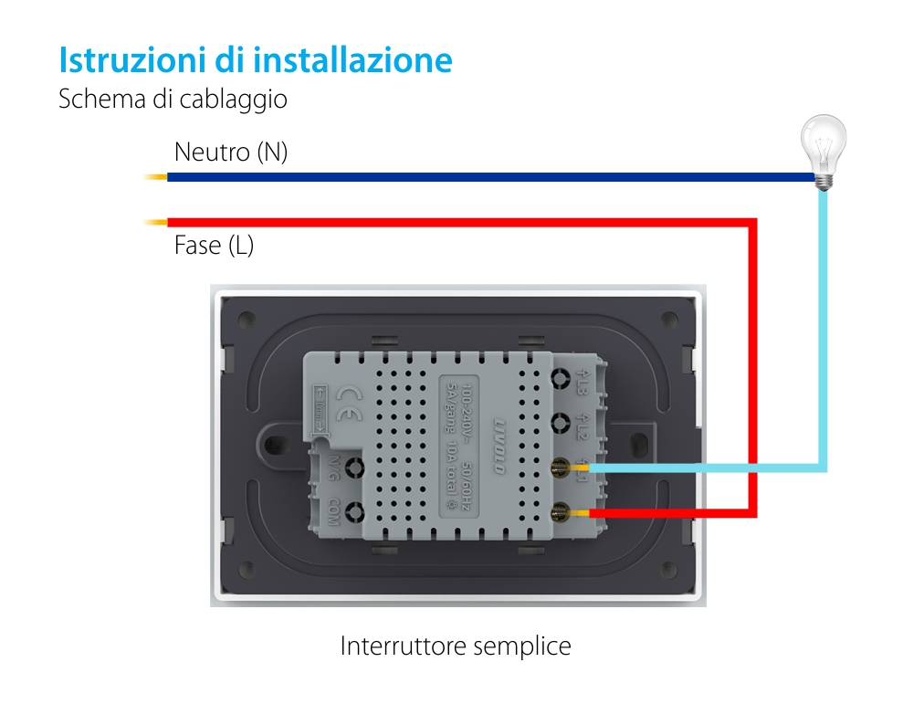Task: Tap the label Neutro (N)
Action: click(x=230, y=152)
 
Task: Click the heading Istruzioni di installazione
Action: click(x=256, y=60)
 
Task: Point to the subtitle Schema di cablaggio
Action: click(x=173, y=99)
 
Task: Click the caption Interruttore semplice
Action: click(x=456, y=646)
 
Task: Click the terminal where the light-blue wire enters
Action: click(x=560, y=468)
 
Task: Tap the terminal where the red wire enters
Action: click(x=560, y=513)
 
